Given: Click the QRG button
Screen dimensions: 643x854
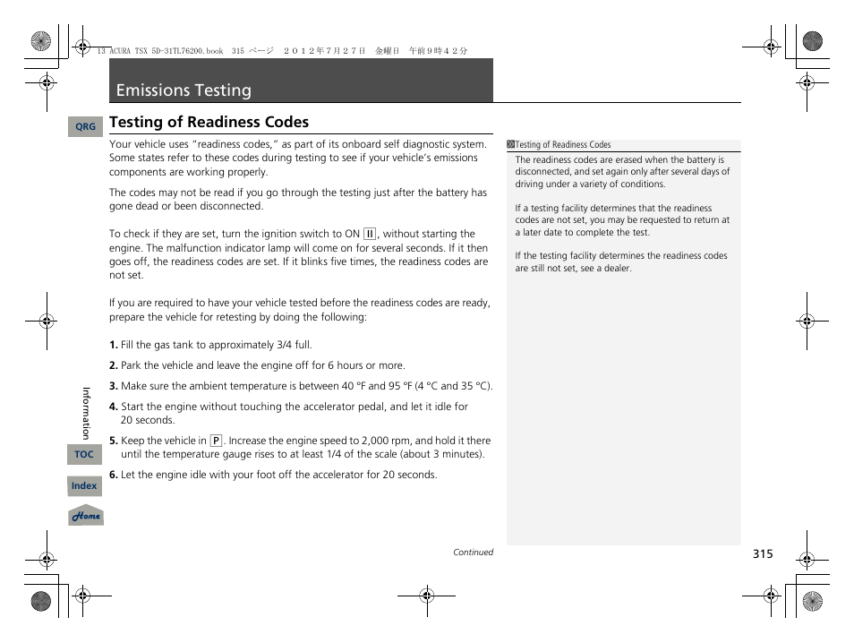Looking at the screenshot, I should (x=85, y=127).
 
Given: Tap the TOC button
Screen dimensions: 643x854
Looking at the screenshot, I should (x=84, y=455).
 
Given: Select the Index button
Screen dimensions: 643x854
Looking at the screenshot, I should (x=84, y=486).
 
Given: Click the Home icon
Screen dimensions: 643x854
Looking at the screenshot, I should (x=86, y=517).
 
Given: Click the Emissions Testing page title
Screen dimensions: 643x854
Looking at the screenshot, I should (x=184, y=90).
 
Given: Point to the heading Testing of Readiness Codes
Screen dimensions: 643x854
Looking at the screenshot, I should (x=209, y=122).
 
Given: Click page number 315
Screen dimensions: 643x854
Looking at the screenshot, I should (x=762, y=554).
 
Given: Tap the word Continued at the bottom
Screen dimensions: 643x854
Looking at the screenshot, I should (x=473, y=553).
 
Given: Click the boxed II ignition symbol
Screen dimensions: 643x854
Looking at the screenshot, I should (x=370, y=234).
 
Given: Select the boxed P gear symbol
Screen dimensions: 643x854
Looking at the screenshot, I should (x=216, y=441).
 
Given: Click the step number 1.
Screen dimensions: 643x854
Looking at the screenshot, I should (x=113, y=345).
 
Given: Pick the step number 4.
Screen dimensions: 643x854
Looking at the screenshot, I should (x=113, y=407).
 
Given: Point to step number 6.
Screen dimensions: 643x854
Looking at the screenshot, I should (x=113, y=475).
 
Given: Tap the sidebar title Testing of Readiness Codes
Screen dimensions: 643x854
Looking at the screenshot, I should (x=563, y=145).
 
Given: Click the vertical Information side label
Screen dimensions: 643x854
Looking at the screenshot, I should (x=87, y=413).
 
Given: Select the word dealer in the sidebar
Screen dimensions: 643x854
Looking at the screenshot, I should (x=616, y=268).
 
